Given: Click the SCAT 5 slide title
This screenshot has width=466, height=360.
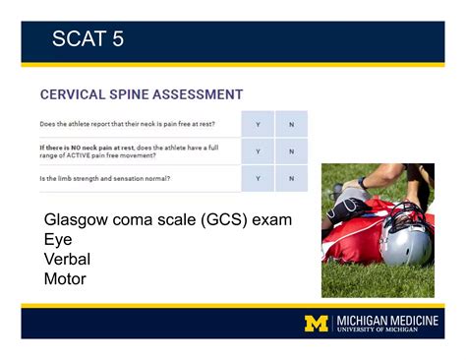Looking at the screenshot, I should (x=88, y=41).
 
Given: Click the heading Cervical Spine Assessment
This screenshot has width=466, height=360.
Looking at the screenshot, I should (x=141, y=94).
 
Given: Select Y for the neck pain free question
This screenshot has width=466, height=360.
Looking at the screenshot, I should (x=258, y=124).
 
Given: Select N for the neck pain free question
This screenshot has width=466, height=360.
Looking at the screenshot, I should (x=291, y=124).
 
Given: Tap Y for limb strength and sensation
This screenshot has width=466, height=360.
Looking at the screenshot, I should (x=258, y=178).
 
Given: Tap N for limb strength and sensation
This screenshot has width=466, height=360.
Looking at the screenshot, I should (x=291, y=178).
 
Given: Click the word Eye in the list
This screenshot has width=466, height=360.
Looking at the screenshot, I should (x=58, y=239).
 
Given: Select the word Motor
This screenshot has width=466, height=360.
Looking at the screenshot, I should (x=66, y=279).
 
